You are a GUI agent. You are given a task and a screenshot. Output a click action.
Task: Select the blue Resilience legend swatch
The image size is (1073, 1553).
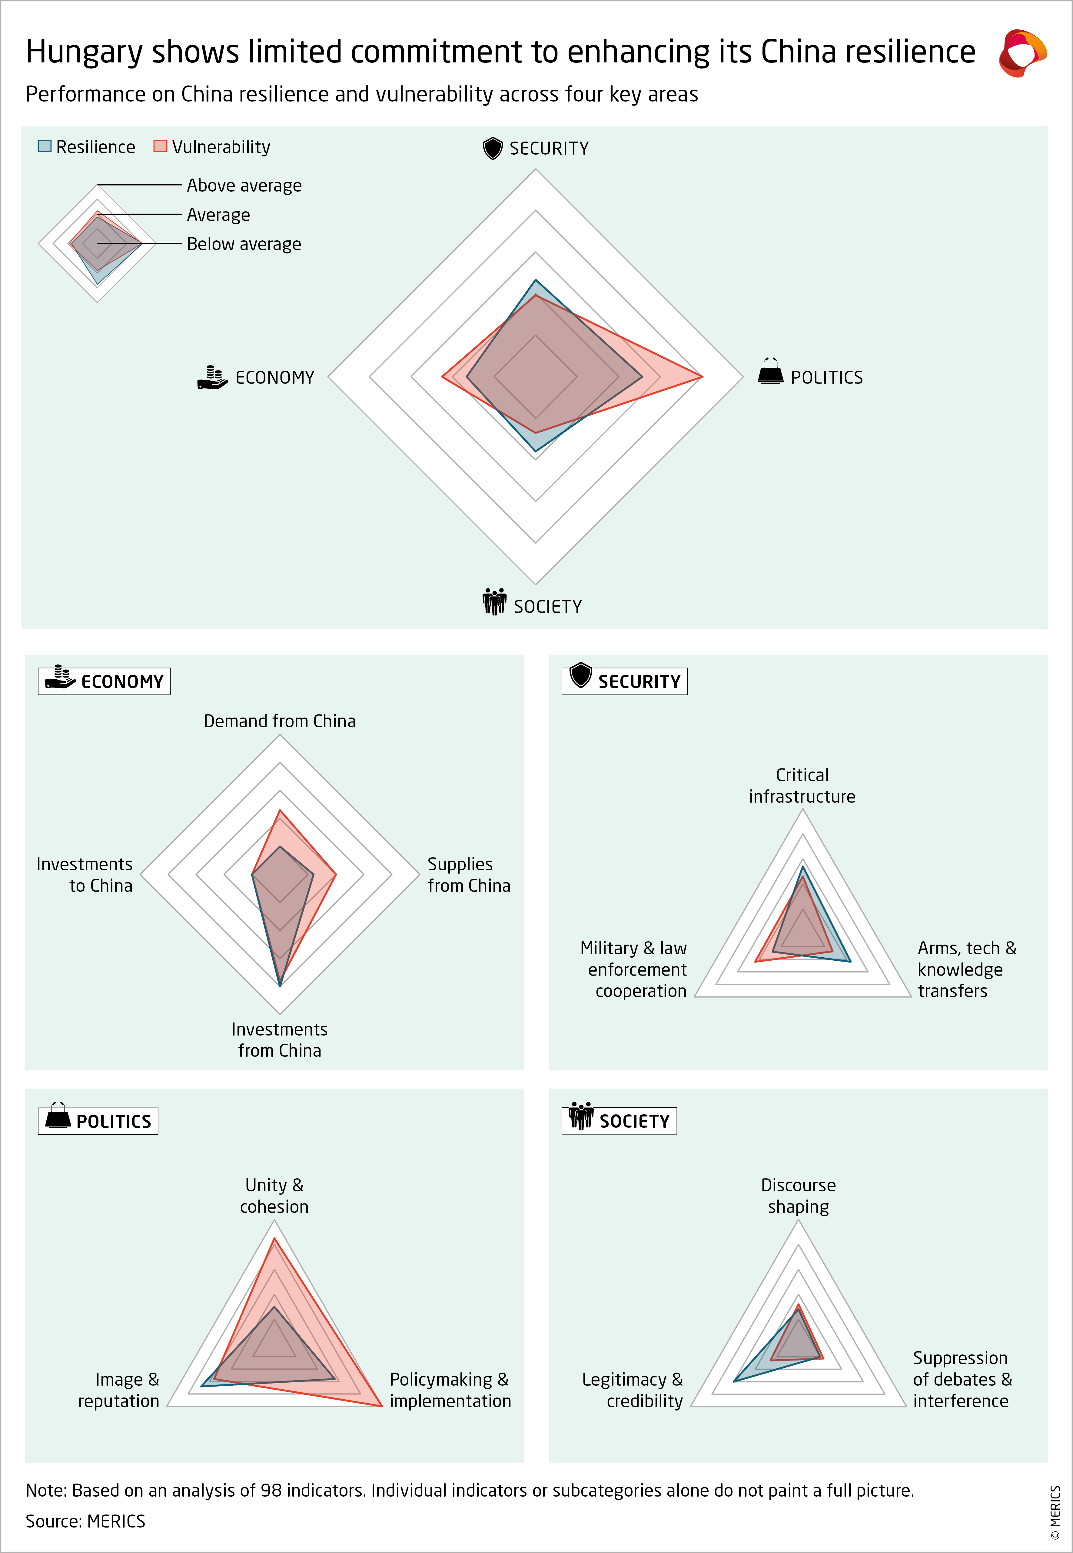pyautogui.click(x=44, y=146)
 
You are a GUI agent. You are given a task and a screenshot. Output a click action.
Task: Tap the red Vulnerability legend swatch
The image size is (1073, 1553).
pyautogui.click(x=160, y=146)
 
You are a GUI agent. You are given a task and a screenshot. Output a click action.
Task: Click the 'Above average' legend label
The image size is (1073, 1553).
pyautogui.click(x=244, y=186)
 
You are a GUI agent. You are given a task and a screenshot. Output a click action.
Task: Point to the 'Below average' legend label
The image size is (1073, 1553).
pyautogui.click(x=243, y=244)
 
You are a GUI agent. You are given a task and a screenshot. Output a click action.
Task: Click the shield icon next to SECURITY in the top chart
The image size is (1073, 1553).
pyautogui.click(x=493, y=148)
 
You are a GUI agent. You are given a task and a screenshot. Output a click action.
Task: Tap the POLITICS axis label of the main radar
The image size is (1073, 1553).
pyautogui.click(x=826, y=377)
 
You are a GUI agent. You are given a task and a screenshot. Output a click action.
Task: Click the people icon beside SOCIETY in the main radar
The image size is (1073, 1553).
pyautogui.click(x=494, y=602)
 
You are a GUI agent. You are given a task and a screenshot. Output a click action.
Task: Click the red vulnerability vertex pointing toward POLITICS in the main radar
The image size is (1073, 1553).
pyautogui.click(x=702, y=377)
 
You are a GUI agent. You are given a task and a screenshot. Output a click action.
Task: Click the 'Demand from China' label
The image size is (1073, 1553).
pyautogui.click(x=280, y=721)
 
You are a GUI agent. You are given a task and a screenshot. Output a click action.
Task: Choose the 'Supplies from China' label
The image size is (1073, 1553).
pyautogui.click(x=469, y=874)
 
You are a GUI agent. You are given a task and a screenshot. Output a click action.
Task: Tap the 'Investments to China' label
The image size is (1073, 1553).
pyautogui.click(x=85, y=874)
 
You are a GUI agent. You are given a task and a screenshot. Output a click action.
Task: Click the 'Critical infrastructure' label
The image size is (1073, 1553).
pyautogui.click(x=802, y=785)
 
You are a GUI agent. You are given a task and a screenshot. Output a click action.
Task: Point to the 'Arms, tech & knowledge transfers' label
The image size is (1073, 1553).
pyautogui.click(x=966, y=969)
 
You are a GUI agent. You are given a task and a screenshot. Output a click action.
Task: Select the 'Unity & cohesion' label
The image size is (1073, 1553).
pyautogui.click(x=274, y=1195)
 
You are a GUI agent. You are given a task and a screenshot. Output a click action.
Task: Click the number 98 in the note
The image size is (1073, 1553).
pyautogui.click(x=271, y=1491)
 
